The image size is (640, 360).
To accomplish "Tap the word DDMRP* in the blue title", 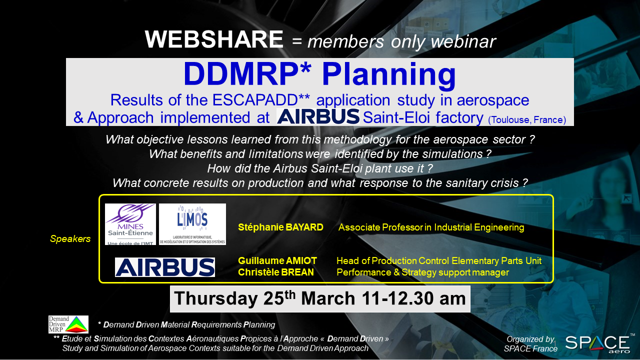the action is tap(247, 74).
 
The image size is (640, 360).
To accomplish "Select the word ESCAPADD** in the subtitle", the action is tap(261, 100).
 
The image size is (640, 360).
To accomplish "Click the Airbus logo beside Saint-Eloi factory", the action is tap(318, 116).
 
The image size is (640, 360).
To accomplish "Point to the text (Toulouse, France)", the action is tap(527, 119).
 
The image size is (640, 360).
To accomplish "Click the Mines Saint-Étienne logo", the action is tap(130, 224).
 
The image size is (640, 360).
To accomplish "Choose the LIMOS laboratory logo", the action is tap(192, 224).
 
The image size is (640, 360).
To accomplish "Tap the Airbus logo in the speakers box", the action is tap(165, 267).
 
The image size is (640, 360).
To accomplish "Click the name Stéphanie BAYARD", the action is tap(280, 227).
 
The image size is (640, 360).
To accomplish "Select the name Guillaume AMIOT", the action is tap(277, 261).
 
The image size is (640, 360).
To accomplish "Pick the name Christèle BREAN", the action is tap(275, 272).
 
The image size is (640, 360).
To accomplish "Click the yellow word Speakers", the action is tap(70, 239).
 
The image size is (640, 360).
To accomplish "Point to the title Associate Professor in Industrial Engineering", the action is tap(431, 227).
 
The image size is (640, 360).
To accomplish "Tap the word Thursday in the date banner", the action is tap(215, 298).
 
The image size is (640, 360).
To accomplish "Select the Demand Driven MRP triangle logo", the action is tap(68, 324).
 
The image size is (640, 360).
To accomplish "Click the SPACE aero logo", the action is tap(598, 343).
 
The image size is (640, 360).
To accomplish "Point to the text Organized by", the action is tap(530, 339).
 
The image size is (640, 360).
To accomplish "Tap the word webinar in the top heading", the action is tap(463, 41).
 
